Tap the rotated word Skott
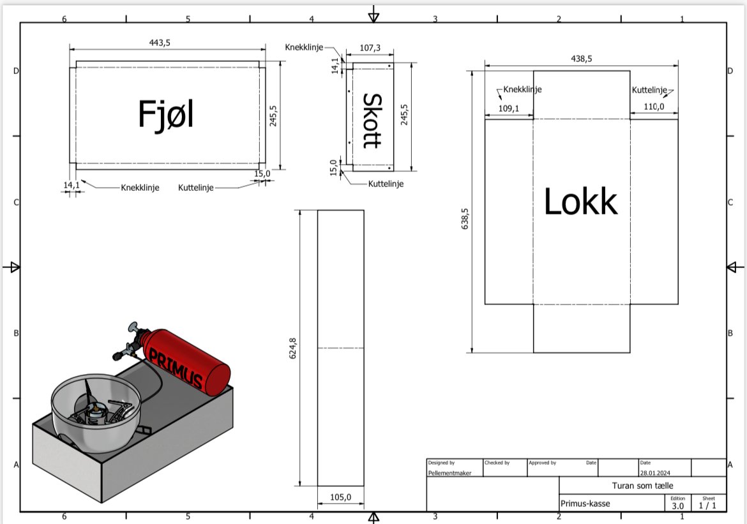click(x=373, y=121)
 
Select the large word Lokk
click(x=581, y=202)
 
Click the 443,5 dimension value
click(x=160, y=43)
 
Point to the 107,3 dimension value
click(x=370, y=48)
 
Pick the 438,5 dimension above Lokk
click(x=581, y=59)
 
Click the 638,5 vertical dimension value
click(x=465, y=219)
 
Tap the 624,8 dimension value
click(x=292, y=348)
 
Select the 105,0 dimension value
click(x=341, y=497)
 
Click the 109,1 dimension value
click(x=509, y=109)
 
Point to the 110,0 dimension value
click(x=654, y=107)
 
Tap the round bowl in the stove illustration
click(x=96, y=412)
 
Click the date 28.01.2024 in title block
click(x=655, y=473)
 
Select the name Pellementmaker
click(x=449, y=473)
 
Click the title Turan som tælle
click(x=643, y=486)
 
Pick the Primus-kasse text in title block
click(x=585, y=504)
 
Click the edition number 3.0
click(x=677, y=506)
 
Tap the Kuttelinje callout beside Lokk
click(x=649, y=90)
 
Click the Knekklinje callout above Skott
click(x=304, y=47)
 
